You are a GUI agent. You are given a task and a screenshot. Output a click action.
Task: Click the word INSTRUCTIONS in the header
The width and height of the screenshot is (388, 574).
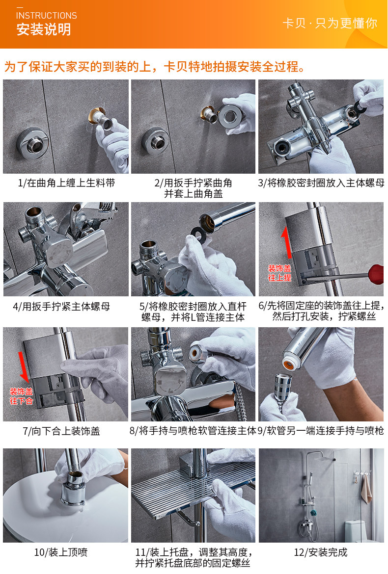tap(47, 15)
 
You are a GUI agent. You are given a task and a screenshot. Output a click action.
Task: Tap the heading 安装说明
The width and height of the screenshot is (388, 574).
tap(44, 29)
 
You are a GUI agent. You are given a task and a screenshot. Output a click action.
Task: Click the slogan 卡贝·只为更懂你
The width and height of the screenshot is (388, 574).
tap(330, 23)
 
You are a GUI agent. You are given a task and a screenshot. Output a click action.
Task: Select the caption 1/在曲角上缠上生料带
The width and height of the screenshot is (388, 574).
tap(66, 183)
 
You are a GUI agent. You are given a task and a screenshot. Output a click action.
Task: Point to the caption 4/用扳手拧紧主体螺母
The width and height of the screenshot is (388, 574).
tap(61, 307)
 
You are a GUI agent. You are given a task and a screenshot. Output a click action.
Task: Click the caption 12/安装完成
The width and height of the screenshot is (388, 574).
tap(321, 552)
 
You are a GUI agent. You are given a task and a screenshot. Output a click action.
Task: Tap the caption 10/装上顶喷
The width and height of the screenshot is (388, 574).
tap(61, 552)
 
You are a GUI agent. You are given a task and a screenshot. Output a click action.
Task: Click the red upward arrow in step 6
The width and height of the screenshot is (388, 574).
tap(287, 242)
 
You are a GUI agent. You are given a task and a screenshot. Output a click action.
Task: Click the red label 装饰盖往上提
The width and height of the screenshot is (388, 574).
tap(280, 273)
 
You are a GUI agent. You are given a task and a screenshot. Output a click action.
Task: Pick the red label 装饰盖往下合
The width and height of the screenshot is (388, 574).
tap(21, 396)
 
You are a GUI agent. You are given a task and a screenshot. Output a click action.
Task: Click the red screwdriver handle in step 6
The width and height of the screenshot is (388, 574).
tap(376, 274)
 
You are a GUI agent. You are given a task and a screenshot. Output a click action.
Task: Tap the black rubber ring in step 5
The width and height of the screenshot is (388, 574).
tap(198, 233)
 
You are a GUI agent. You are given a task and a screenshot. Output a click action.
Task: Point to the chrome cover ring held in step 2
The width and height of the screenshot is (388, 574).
tap(230, 116)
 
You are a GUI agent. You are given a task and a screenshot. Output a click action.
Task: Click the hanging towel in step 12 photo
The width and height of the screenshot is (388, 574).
tap(366, 488)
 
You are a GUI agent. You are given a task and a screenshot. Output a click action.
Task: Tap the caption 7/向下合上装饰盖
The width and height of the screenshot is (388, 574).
tap(61, 431)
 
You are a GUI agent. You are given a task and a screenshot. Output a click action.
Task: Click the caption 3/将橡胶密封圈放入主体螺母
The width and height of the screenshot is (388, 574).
tap(321, 183)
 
